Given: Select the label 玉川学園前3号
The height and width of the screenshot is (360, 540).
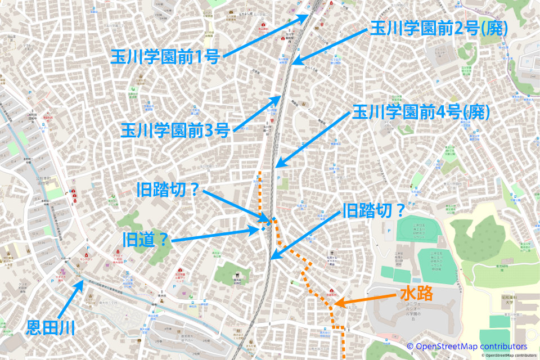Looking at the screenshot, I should (175, 131).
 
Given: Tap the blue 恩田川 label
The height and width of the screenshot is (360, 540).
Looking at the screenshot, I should (51, 327).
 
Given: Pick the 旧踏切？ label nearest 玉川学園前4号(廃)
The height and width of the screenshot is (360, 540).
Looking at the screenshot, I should (374, 211).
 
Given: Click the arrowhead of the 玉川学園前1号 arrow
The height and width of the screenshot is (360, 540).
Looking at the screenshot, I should (308, 15).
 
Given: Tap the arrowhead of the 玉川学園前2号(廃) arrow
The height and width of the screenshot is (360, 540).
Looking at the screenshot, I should (293, 64).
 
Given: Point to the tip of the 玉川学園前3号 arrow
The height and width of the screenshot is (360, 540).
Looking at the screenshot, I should (280, 97).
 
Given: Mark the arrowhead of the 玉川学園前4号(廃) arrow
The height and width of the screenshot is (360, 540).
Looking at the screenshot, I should (275, 167).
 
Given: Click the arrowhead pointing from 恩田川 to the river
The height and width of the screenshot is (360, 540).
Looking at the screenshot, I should (83, 282).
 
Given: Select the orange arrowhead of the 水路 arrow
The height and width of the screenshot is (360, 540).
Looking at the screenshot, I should (336, 306).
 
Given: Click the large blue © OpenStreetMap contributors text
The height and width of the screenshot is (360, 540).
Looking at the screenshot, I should (467, 346).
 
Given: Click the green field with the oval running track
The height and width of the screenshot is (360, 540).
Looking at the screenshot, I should (416, 229).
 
